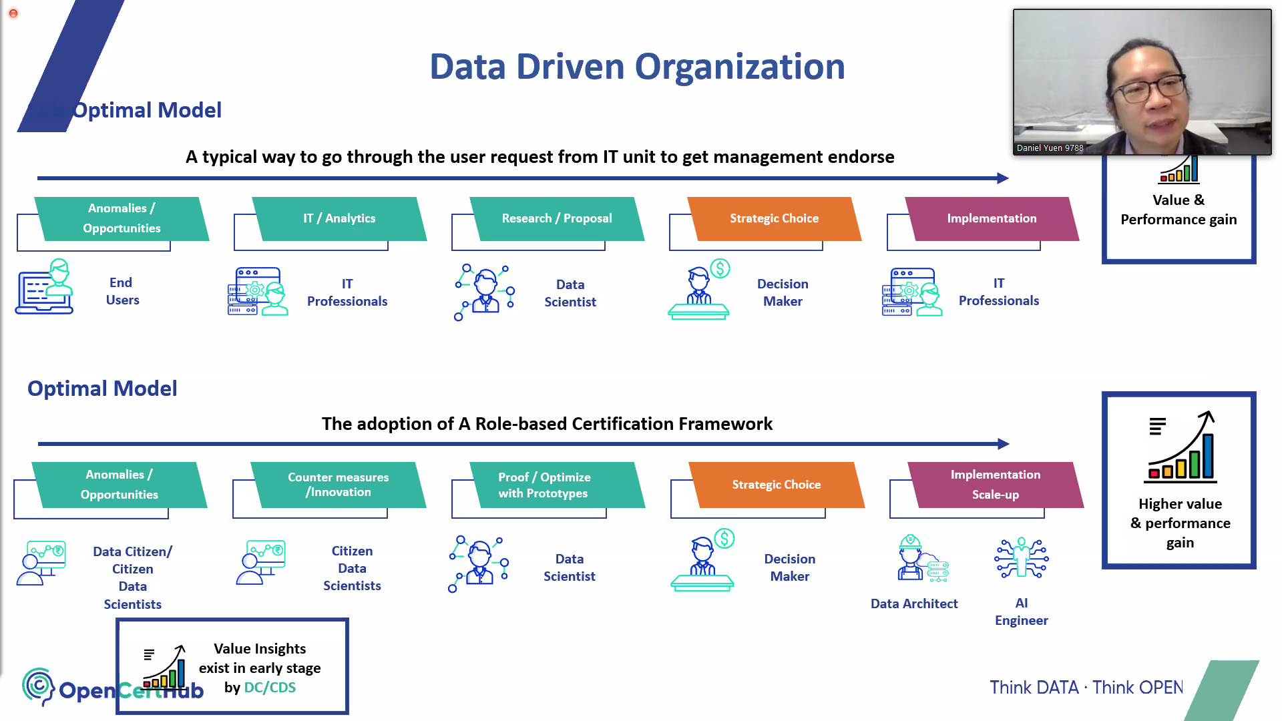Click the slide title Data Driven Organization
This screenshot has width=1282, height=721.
pyautogui.click(x=637, y=67)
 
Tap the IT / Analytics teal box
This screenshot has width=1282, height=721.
pyautogui.click(x=339, y=218)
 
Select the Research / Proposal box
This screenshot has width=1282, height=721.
pyautogui.click(x=557, y=218)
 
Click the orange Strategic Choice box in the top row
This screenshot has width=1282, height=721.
pyautogui.click(x=774, y=218)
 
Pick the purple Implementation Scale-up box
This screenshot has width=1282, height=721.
pyautogui.click(x=995, y=485)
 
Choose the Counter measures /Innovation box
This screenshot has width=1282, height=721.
pyautogui.click(x=338, y=485)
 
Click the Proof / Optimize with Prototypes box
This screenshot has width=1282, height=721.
pyautogui.click(x=544, y=485)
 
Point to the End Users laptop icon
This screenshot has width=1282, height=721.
pyautogui.click(x=44, y=287)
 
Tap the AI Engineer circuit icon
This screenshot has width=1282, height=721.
pyautogui.click(x=1022, y=557)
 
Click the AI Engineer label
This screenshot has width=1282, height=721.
pyautogui.click(x=1021, y=612)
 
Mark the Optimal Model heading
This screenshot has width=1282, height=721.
pyautogui.click(x=102, y=389)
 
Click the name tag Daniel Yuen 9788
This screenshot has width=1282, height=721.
pyautogui.click(x=1050, y=148)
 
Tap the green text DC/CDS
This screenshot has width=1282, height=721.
pyautogui.click(x=270, y=688)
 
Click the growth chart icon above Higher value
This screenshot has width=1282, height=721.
pyautogui.click(x=1181, y=447)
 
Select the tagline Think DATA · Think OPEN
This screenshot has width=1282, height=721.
pyautogui.click(x=1086, y=688)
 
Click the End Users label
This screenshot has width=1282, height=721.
pyautogui.click(x=122, y=292)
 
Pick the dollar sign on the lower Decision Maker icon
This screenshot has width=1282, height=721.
pyautogui.click(x=724, y=538)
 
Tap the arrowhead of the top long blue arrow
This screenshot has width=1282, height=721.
pyautogui.click(x=1003, y=178)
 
